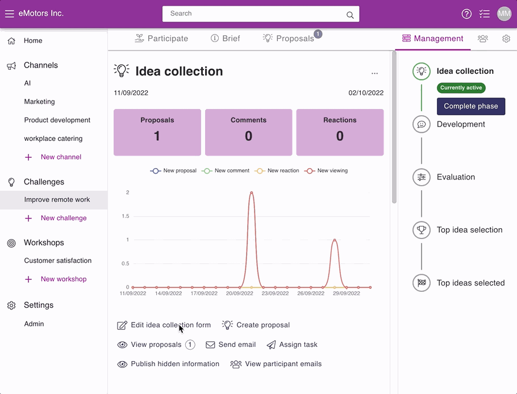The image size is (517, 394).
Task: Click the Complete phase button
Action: click(471, 106)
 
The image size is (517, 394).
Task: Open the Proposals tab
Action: click(289, 39)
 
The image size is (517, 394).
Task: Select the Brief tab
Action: click(225, 39)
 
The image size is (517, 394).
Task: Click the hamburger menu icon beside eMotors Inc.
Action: click(9, 14)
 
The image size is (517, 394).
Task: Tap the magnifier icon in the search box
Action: click(350, 15)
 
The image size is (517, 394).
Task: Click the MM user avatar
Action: click(504, 14)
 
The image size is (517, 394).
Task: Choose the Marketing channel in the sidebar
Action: click(39, 102)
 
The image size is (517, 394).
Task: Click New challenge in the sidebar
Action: click(64, 218)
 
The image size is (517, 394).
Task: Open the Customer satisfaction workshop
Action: click(58, 261)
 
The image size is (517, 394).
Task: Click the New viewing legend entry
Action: click(326, 171)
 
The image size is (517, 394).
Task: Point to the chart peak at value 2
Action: click(252, 192)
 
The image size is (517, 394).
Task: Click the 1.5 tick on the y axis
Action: click(126, 216)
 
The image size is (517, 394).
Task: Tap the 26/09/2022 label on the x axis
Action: click(311, 293)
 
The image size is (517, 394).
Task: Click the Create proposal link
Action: click(256, 325)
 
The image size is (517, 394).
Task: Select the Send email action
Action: click(231, 345)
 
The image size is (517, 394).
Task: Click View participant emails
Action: click(276, 364)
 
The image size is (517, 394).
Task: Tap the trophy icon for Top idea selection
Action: click(422, 229)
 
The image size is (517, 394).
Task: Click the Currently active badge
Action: click(461, 87)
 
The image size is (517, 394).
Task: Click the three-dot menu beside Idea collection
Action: click(374, 73)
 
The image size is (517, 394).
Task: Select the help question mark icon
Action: click(466, 14)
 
